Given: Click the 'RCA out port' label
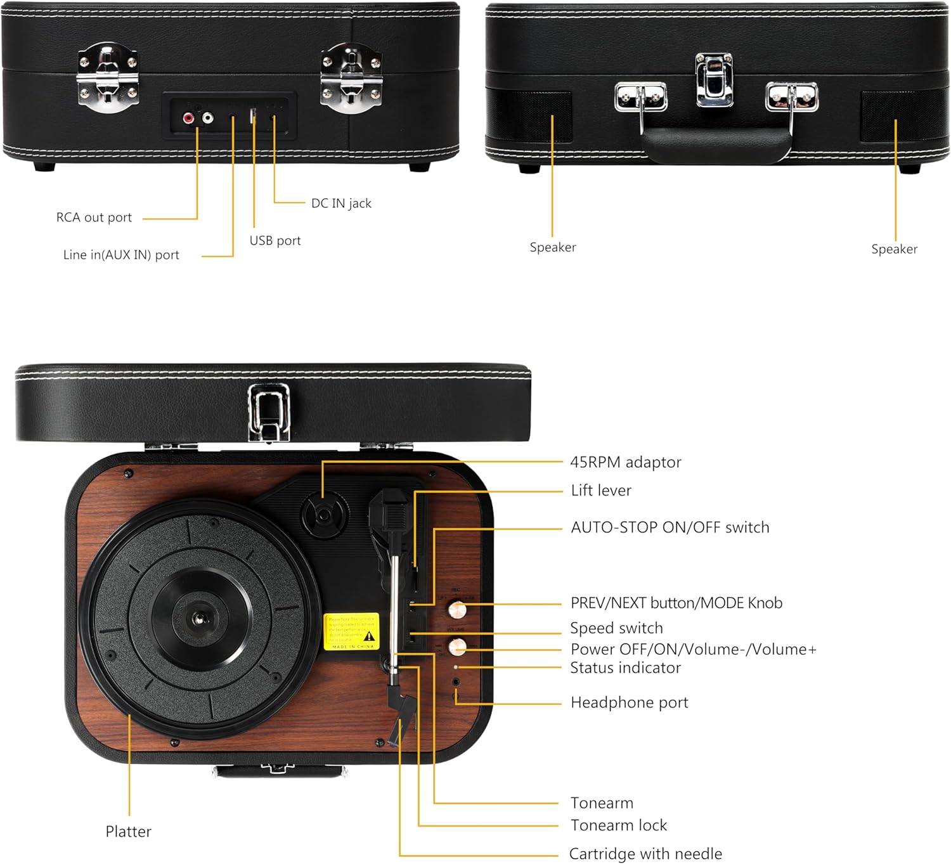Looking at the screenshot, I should [x=94, y=217].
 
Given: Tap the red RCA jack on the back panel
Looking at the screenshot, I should [x=188, y=118].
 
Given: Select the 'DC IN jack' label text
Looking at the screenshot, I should [x=341, y=203].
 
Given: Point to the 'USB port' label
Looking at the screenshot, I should [x=275, y=241].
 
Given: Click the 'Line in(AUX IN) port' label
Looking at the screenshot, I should [x=121, y=255].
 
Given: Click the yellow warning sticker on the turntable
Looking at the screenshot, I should [x=351, y=631].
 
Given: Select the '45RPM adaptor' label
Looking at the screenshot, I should [x=626, y=462].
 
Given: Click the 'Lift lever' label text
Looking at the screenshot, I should [x=601, y=491].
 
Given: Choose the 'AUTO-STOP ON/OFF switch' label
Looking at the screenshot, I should [x=670, y=527].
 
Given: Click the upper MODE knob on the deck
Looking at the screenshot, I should [x=457, y=610].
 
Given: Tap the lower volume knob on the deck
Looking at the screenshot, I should [x=457, y=647].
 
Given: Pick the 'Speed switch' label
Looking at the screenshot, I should [x=616, y=628].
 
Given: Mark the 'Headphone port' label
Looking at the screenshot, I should [x=630, y=702].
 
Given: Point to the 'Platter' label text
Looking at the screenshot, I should [x=128, y=832].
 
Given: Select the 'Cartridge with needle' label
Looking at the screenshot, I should [x=645, y=854].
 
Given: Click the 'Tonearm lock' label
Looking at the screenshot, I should [x=619, y=825].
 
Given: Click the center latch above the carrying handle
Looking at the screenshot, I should [x=714, y=79].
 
